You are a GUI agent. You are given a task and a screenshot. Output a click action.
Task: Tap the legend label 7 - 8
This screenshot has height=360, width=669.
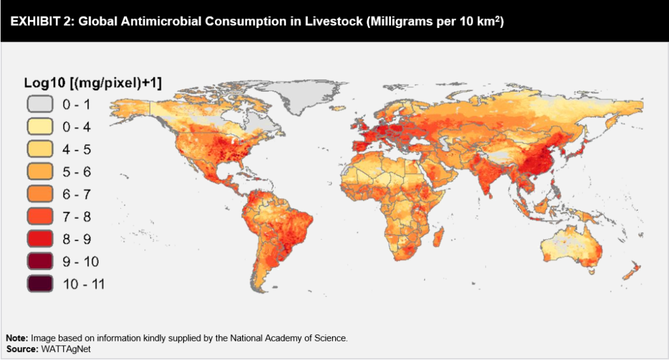tap(77, 216)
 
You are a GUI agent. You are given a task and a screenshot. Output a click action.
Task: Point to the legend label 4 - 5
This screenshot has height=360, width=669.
tap(77, 149)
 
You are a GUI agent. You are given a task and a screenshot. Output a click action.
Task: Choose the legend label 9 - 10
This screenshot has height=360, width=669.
tap(81, 261)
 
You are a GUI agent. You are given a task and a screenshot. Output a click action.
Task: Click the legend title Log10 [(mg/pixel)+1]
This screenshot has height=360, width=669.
tap(92, 82)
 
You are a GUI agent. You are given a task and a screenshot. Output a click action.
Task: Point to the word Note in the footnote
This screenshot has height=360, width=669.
tap(16, 338)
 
